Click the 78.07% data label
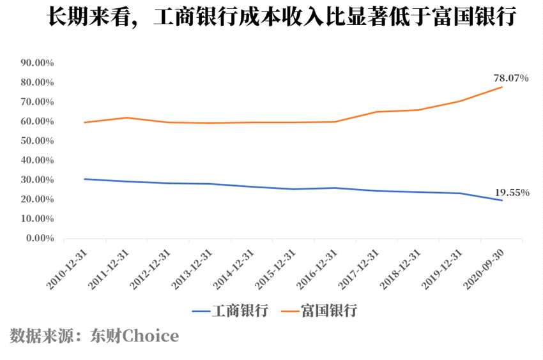(510, 78)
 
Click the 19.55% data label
(511, 192)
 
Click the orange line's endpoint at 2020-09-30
(502, 87)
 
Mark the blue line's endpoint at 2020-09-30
(502, 200)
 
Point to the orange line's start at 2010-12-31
(85, 123)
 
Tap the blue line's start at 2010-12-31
(85, 179)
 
